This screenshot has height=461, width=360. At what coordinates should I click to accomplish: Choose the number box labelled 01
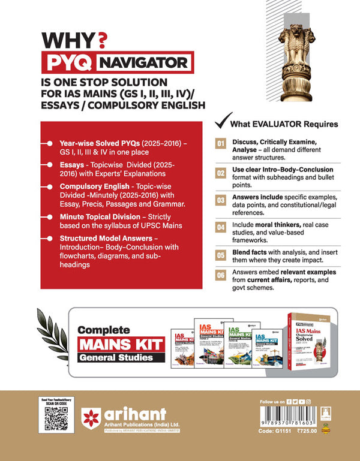click(221, 144)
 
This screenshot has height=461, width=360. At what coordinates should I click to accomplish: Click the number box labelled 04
click(221, 227)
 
